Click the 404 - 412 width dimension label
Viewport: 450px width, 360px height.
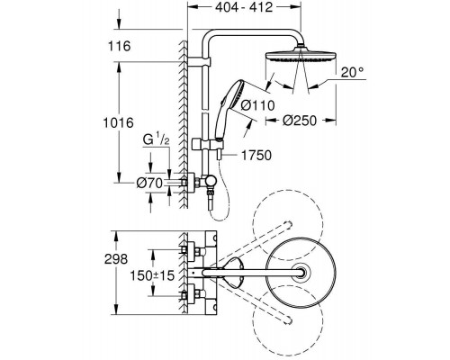click(244, 7)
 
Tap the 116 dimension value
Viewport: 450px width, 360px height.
click(120, 46)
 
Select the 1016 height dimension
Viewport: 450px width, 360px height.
click(118, 122)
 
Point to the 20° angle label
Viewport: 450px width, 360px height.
click(352, 72)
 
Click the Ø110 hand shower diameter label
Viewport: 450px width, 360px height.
click(258, 105)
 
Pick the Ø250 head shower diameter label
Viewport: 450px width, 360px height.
click(300, 121)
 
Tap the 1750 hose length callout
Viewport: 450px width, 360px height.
click(256, 156)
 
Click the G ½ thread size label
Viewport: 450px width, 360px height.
click(156, 140)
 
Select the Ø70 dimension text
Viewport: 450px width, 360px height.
click(149, 183)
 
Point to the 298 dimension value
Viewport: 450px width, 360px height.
click(116, 259)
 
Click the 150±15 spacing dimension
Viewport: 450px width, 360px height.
click(152, 275)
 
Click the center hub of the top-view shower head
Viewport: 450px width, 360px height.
click(301, 273)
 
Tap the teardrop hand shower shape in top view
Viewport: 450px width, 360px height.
click(233, 273)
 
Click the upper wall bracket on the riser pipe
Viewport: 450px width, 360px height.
click(200, 62)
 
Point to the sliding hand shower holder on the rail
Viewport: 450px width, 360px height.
click(207, 144)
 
